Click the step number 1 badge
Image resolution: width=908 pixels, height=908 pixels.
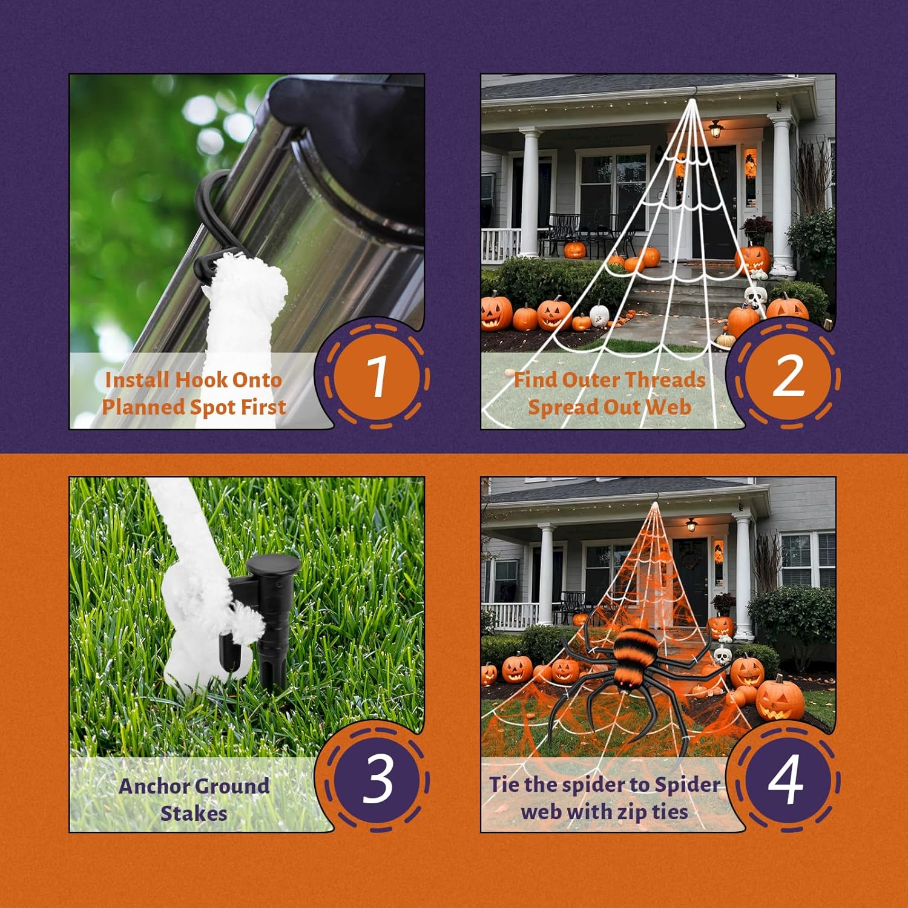coord(377,377)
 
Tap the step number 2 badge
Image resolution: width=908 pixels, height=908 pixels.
coord(788,377)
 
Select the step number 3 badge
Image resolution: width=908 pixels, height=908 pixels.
coord(377,779)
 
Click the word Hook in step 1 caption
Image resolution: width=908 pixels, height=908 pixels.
coord(201,380)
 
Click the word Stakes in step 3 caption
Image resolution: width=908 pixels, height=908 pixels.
coord(194,813)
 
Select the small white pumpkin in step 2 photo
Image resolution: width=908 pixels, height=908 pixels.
coord(599,314)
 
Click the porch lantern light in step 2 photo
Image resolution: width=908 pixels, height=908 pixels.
coord(716,128)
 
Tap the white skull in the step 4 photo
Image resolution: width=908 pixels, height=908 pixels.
coord(722,656)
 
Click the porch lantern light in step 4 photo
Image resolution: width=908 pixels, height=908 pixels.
coord(692,524)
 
